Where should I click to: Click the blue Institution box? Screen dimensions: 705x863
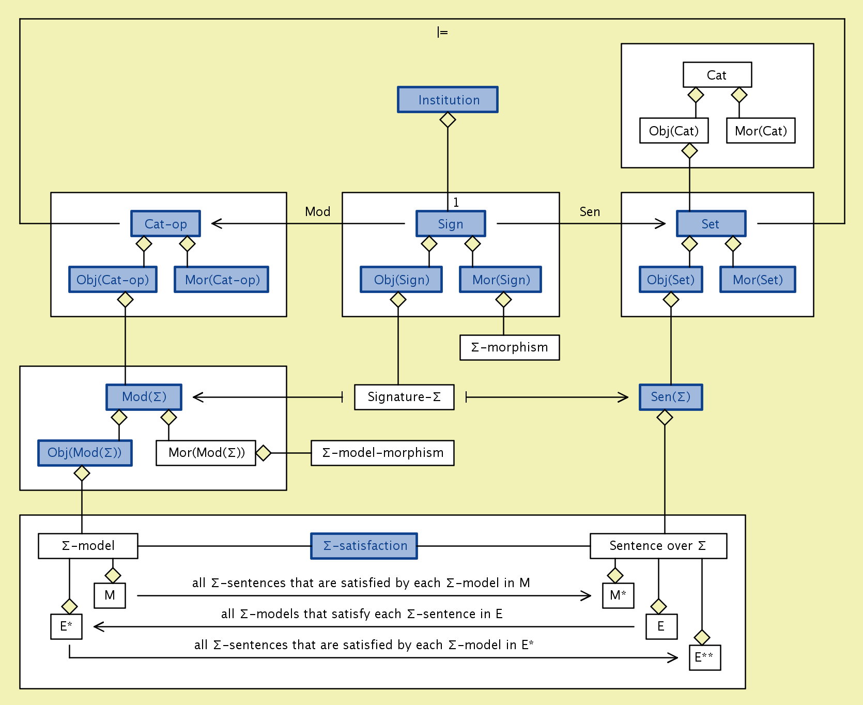pos(448,100)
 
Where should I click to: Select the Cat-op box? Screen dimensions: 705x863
pos(165,224)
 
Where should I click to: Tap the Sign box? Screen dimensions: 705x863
pos(451,224)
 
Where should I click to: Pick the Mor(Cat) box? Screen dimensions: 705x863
pos(761,131)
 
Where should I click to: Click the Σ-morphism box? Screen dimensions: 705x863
pos(510,347)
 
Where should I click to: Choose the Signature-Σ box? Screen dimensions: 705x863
pos(404,397)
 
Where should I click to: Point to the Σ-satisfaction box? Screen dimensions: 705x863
pos(364,546)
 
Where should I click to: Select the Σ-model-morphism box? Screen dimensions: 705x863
pos(382,453)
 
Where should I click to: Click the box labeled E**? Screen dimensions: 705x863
pos(705,657)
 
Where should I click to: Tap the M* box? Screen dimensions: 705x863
pos(618,595)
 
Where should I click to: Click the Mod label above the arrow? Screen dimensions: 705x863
pos(317,211)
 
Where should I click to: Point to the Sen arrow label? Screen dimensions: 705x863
pos(590,211)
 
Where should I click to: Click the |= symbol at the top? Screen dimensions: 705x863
pos(442,32)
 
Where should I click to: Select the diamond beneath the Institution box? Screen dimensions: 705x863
pos(448,120)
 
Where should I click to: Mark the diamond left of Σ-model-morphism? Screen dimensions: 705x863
pos(264,453)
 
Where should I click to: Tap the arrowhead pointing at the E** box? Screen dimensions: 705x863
pos(673,657)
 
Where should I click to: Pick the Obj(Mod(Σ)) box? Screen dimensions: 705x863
pos(85,453)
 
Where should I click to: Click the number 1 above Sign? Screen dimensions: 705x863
pos(456,202)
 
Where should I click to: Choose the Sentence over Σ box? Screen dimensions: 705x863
pos(658,546)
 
